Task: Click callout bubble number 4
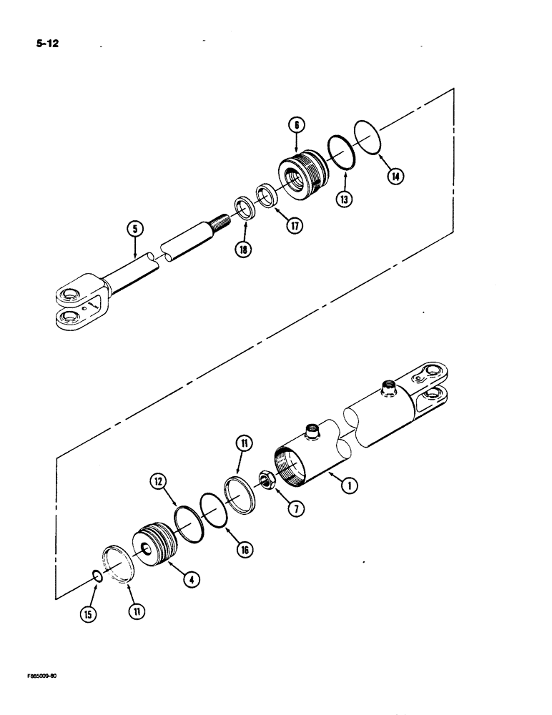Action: click(189, 581)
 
